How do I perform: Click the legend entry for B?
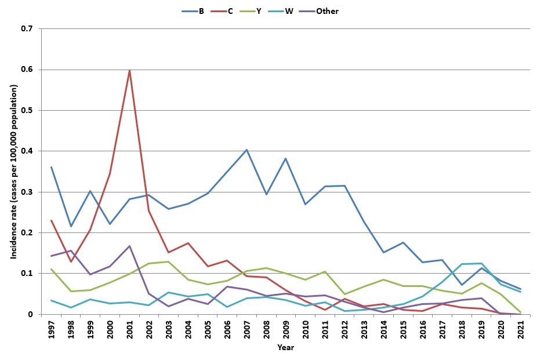[193, 11]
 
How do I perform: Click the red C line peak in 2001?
[129, 70]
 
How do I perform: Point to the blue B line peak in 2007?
[246, 150]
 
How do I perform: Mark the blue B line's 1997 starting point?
[51, 167]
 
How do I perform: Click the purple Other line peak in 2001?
[129, 246]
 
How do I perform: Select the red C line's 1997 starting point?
[51, 220]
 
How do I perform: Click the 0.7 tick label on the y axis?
[27, 29]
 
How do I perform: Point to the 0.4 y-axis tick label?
[27, 151]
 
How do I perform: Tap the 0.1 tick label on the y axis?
[27, 274]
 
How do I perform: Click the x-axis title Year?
[285, 348]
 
